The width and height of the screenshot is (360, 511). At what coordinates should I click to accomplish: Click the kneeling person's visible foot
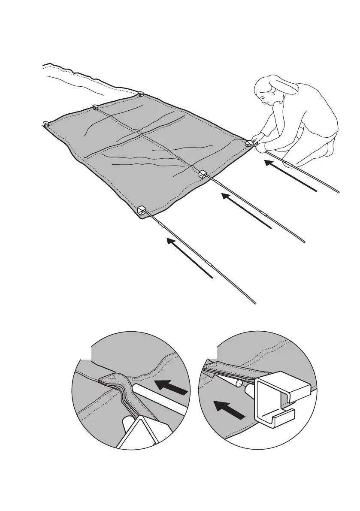pyautogui.click(x=331, y=148)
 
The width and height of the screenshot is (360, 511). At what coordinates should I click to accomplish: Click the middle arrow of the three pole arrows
pyautogui.click(x=246, y=210)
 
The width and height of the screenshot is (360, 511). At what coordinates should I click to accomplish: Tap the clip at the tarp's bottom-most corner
pyautogui.click(x=142, y=210)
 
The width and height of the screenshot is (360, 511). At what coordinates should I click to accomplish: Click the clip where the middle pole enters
pyautogui.click(x=203, y=174)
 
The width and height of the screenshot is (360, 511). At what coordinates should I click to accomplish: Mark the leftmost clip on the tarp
pyautogui.click(x=45, y=124)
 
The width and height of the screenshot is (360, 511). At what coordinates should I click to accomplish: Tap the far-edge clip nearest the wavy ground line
pyautogui.click(x=140, y=93)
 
